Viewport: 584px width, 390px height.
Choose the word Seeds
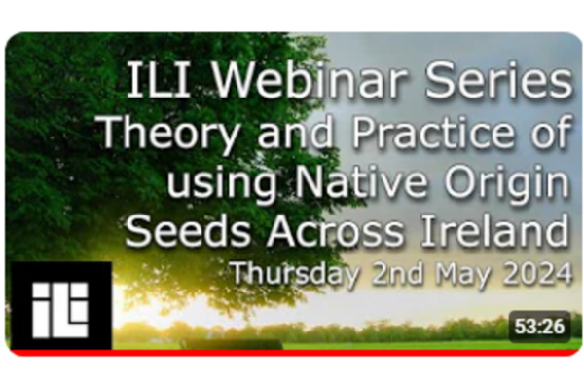coord(188,230)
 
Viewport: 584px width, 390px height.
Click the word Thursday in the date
coord(295,275)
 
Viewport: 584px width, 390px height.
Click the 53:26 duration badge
coord(539,327)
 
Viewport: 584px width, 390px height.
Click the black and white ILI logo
coord(60,306)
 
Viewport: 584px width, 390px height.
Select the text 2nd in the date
coord(397,273)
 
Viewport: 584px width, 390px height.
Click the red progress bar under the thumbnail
coord(292,353)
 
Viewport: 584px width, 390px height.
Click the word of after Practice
coord(550,131)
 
